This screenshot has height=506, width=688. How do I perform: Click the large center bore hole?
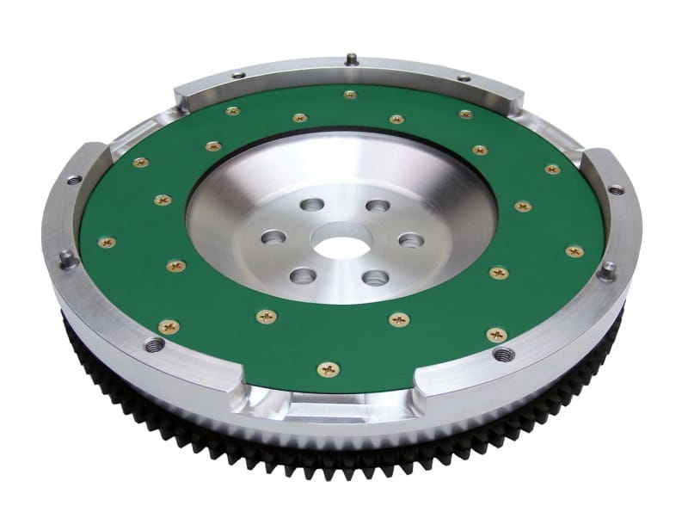pos(341,244)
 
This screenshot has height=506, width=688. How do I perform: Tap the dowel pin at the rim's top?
pos(352,59)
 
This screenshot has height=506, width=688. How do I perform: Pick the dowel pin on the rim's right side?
pos(608,270)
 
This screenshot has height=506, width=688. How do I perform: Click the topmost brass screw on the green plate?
pos(349,95)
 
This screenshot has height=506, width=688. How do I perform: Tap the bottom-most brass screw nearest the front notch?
pos(329,369)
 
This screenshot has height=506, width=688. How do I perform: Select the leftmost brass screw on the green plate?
pos(107,243)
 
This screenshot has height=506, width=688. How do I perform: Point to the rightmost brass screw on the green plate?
pos(574,251)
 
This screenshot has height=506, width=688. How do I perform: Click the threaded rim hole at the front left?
pos(155,345)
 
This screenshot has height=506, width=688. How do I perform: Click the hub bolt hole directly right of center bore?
pos(411,240)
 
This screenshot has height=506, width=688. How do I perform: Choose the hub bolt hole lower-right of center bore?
pos(375,277)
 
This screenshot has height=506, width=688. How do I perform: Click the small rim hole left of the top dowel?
pos(237,76)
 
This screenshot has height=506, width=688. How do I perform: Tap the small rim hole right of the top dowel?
pos(464,77)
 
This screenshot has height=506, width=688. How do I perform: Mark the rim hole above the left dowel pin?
pos(75,180)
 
